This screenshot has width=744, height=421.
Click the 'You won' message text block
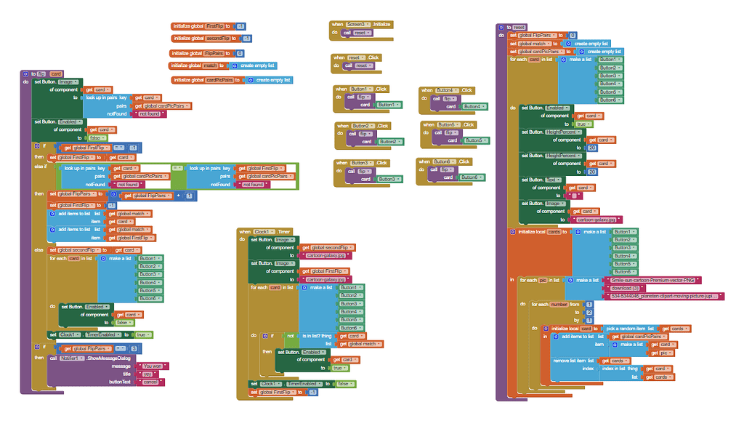point(153,366)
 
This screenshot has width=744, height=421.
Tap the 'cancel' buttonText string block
point(150,382)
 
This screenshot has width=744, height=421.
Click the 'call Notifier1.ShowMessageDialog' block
point(87,358)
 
